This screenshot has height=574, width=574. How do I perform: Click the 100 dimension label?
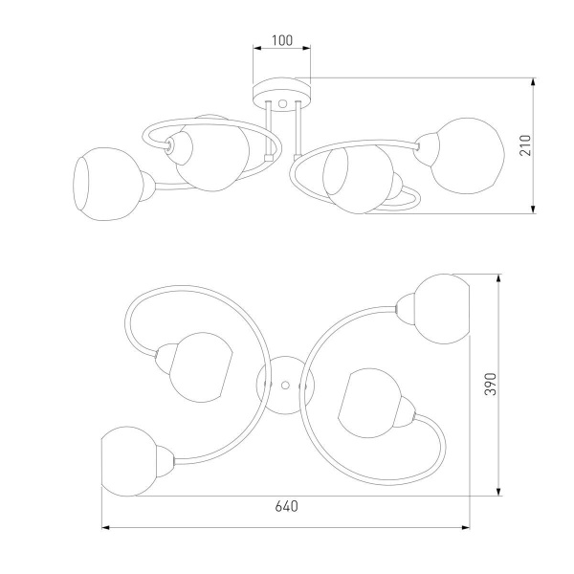click(282, 40)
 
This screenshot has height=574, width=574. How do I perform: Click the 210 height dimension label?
click(525, 145)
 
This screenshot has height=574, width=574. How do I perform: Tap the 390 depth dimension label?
click(491, 385)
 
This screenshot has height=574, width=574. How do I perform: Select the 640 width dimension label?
click(287, 506)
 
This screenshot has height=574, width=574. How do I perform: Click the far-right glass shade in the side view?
click(468, 156)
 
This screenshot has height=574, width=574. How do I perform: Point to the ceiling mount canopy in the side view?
click(282, 94)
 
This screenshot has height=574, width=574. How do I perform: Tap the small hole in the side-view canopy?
click(282, 103)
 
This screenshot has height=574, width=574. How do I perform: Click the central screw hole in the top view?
click(285, 386)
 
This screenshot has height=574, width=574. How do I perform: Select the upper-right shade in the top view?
click(442, 309)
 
